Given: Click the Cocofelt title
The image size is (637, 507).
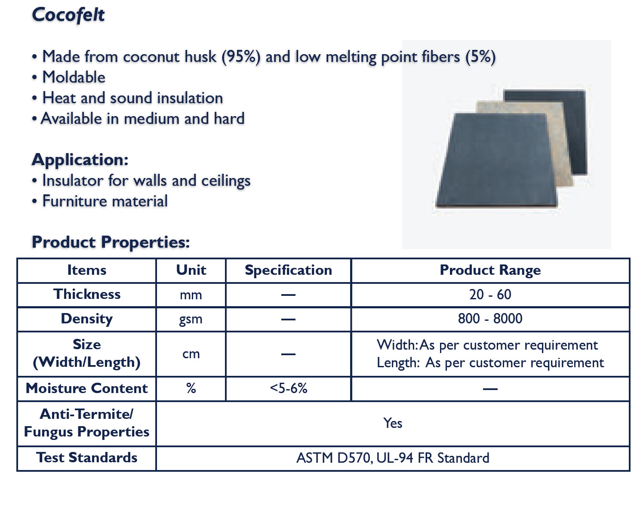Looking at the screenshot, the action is pyautogui.click(x=68, y=15).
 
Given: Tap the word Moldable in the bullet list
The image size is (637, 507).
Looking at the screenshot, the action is pyautogui.click(x=74, y=77).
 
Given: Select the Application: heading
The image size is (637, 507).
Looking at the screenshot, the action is pyautogui.click(x=80, y=160).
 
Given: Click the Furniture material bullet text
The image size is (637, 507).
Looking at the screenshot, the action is pyautogui.click(x=105, y=201).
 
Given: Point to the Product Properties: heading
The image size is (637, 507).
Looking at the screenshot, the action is pyautogui.click(x=111, y=243).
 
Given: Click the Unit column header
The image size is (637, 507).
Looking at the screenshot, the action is pyautogui.click(x=191, y=270).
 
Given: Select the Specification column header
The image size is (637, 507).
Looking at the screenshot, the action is pyautogui.click(x=288, y=270).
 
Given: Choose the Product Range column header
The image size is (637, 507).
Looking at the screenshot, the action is pyautogui.click(x=490, y=270).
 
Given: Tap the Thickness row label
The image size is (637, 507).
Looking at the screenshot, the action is pyautogui.click(x=87, y=295).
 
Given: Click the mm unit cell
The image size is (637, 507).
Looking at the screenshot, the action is pyautogui.click(x=191, y=295).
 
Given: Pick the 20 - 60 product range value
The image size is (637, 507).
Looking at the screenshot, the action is pyautogui.click(x=490, y=295).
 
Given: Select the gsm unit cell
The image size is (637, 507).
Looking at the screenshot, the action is pyautogui.click(x=191, y=320).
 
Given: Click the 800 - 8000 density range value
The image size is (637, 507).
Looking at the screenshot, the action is pyautogui.click(x=490, y=319).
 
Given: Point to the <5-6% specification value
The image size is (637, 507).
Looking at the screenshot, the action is pyautogui.click(x=289, y=388).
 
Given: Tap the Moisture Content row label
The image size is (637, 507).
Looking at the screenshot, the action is pyautogui.click(x=87, y=388).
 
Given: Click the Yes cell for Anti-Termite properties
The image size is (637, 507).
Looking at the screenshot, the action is pyautogui.click(x=393, y=423).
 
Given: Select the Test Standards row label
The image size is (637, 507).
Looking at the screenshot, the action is pyautogui.click(x=87, y=458).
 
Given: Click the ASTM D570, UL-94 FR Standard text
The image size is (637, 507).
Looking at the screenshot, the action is pyautogui.click(x=393, y=458).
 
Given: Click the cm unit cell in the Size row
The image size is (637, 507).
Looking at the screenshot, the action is pyautogui.click(x=191, y=354).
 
